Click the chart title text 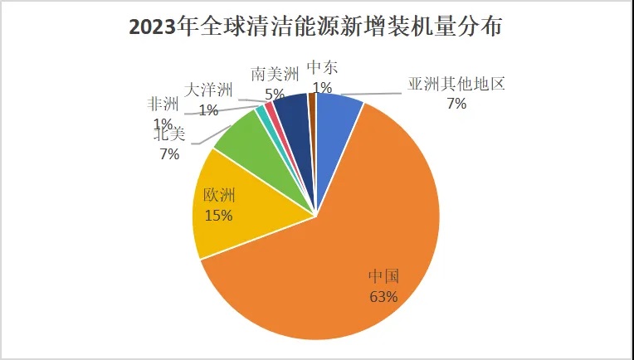[x=316, y=27]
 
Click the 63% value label [x=384, y=296]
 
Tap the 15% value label [x=218, y=215]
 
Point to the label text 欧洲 [x=219, y=197]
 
